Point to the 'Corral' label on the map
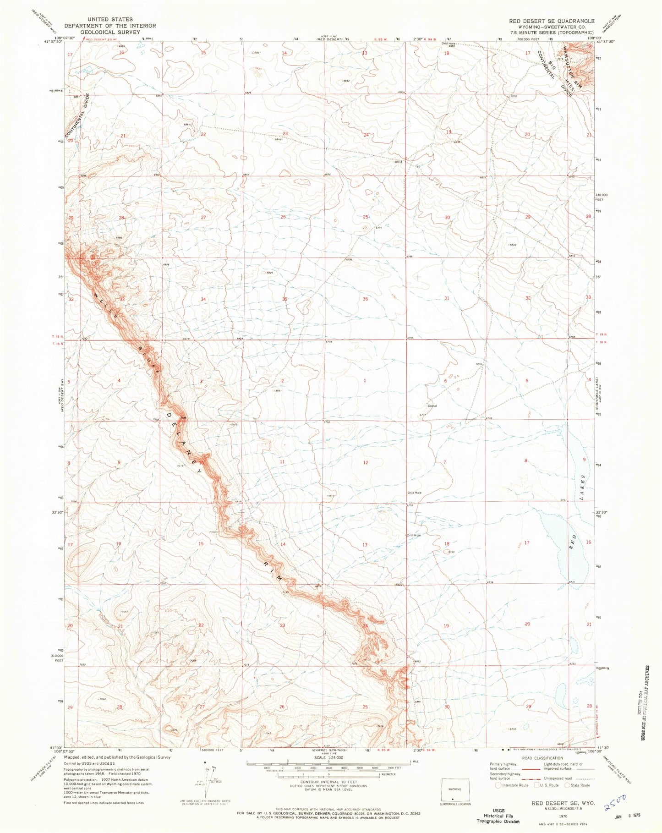coord(432,406)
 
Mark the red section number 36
coord(365,299)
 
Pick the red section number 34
coord(203,299)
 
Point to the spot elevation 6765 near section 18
coord(452,552)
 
